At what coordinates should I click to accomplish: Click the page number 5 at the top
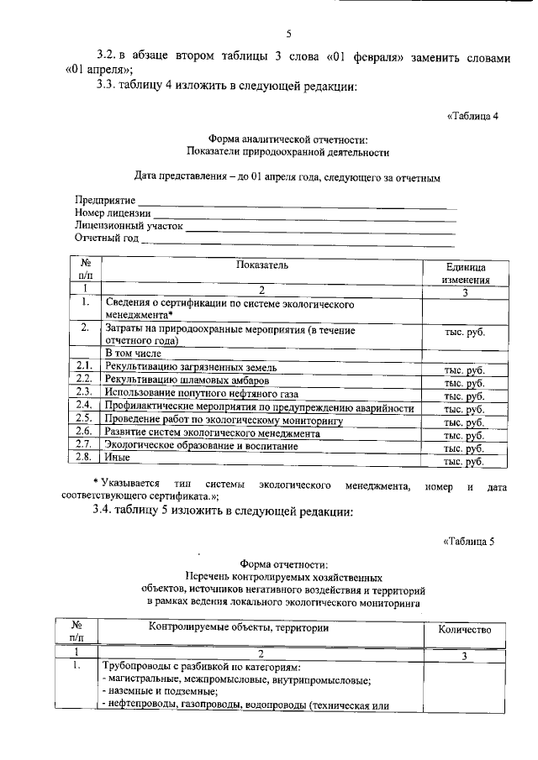click(288, 34)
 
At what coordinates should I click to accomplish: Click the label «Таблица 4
click(473, 116)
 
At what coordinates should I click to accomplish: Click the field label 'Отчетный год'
click(106, 239)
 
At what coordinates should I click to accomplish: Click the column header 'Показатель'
click(262, 265)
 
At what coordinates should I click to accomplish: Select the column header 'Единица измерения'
click(464, 272)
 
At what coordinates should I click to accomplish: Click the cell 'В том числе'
click(133, 354)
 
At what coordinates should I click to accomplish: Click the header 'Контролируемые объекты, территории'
click(239, 627)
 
